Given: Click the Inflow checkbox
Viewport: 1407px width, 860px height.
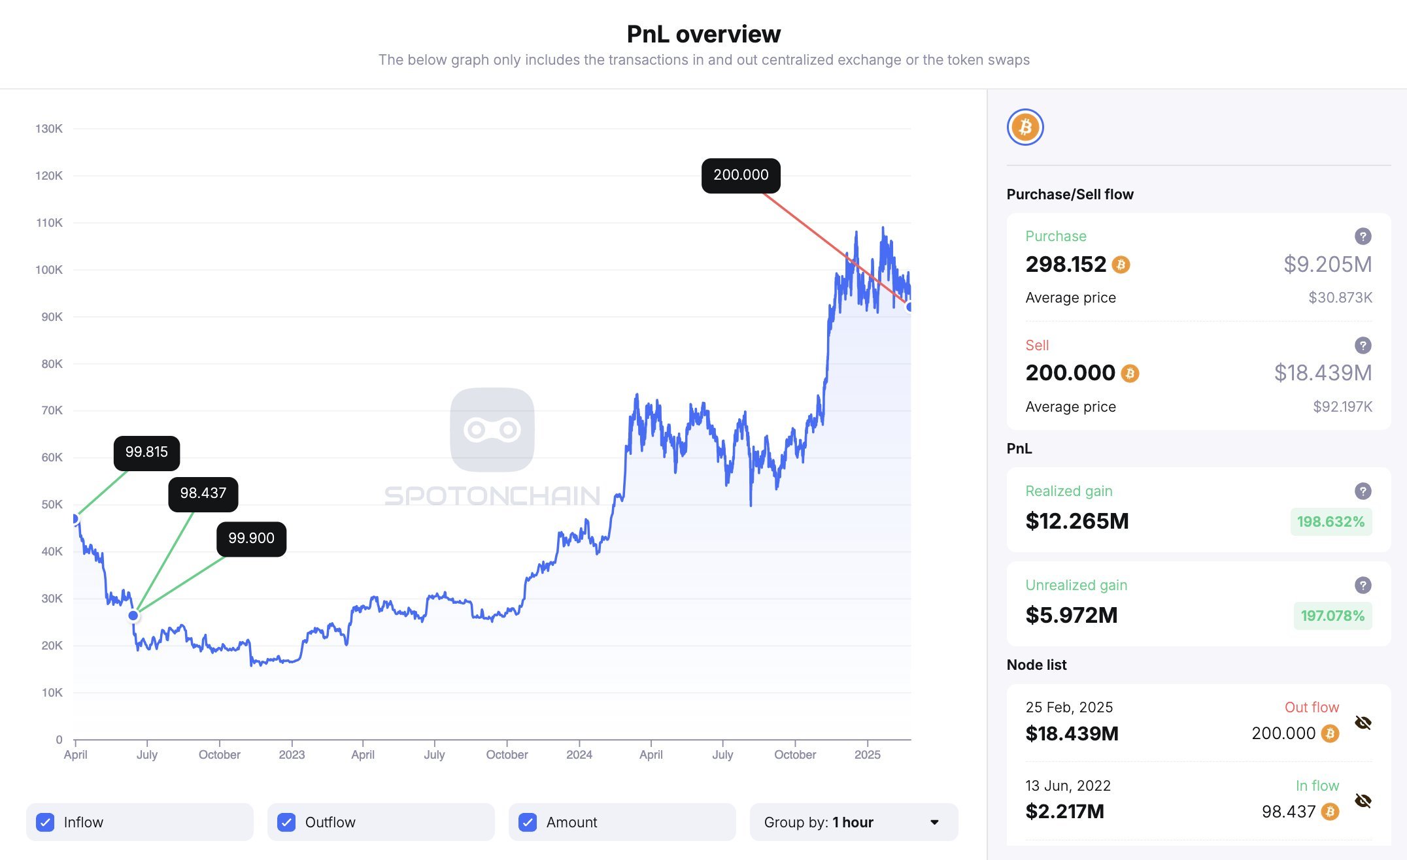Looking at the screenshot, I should pyautogui.click(x=45, y=822).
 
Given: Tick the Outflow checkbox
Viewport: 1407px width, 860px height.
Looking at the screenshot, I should pyautogui.click(x=286, y=822).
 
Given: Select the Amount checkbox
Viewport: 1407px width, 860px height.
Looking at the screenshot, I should pyautogui.click(x=528, y=822).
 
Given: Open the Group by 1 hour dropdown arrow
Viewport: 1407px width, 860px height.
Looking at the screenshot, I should pyautogui.click(x=934, y=822).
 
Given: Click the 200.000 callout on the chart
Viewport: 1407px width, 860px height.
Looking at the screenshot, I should pyautogui.click(x=741, y=175).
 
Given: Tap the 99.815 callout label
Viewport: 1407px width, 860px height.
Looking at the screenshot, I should pyautogui.click(x=146, y=452).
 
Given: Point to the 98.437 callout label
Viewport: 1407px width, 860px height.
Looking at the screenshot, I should pyautogui.click(x=203, y=493).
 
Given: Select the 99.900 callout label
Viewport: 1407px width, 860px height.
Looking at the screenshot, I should pyautogui.click(x=251, y=538).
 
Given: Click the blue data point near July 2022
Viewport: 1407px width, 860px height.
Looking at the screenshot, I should pyautogui.click(x=133, y=616).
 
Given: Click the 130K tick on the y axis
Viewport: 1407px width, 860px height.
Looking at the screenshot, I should pyautogui.click(x=49, y=129).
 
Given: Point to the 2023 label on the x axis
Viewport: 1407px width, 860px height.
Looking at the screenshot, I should pyautogui.click(x=292, y=755).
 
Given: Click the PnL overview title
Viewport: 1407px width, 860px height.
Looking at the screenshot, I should pyautogui.click(x=703, y=34).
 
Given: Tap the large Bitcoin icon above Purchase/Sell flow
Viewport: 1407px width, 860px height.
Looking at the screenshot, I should pyautogui.click(x=1025, y=127).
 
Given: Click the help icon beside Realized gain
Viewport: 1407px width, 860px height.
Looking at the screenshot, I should pyautogui.click(x=1363, y=491).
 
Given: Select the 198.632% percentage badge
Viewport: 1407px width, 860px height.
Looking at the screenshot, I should pyautogui.click(x=1331, y=521).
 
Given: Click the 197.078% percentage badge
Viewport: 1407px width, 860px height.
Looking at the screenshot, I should pyautogui.click(x=1332, y=616).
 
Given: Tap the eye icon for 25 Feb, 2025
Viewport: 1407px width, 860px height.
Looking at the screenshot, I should pyautogui.click(x=1363, y=723).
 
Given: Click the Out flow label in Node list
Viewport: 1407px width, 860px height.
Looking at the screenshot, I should pyautogui.click(x=1312, y=707).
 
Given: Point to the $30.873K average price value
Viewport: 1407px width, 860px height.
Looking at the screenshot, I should pyautogui.click(x=1340, y=298).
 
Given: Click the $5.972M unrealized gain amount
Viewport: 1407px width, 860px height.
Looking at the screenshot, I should pyautogui.click(x=1072, y=615).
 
